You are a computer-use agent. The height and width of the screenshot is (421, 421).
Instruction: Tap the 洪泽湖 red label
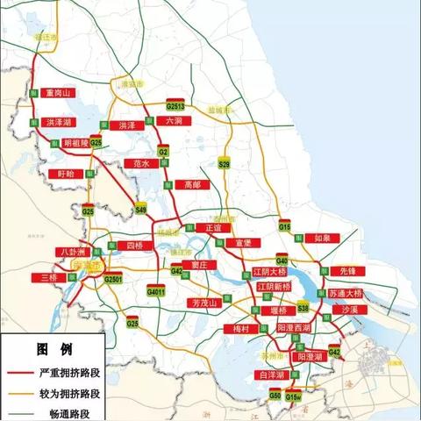pos(58,124)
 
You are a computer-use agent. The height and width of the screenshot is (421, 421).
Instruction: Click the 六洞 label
pos(174,120)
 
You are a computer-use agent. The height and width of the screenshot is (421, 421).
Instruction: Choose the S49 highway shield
pos(141,209)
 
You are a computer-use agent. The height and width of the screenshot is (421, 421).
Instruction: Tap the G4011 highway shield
pos(155,290)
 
